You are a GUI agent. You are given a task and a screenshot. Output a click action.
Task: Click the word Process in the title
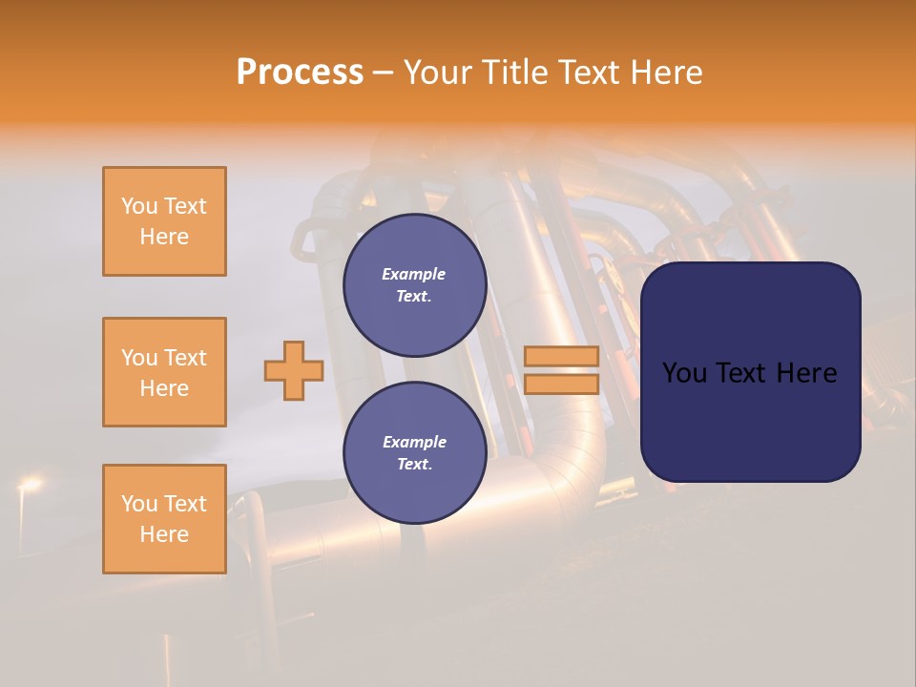click(300, 73)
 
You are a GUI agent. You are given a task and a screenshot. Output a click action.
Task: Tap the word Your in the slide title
click(439, 73)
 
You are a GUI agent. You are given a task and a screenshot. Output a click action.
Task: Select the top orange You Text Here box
click(164, 221)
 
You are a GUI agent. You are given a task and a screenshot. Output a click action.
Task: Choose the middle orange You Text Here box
click(164, 372)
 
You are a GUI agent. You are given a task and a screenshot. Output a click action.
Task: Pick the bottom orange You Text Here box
click(164, 519)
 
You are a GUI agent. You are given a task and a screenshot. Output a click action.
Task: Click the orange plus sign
click(294, 370)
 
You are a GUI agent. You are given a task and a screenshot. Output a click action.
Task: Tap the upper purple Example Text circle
click(414, 285)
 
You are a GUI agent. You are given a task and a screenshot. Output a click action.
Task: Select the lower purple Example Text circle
click(414, 453)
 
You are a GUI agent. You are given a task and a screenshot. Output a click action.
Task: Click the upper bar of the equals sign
click(561, 356)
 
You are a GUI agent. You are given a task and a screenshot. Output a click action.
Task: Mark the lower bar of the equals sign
click(561, 384)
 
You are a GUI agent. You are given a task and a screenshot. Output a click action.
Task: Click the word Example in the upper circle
click(413, 274)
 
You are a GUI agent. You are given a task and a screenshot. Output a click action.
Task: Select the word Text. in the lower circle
click(413, 465)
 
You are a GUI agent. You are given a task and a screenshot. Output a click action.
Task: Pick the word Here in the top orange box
click(164, 237)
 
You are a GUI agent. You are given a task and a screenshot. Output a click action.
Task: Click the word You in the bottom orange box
click(139, 504)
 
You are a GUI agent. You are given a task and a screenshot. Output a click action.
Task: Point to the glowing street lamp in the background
click(29, 486)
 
